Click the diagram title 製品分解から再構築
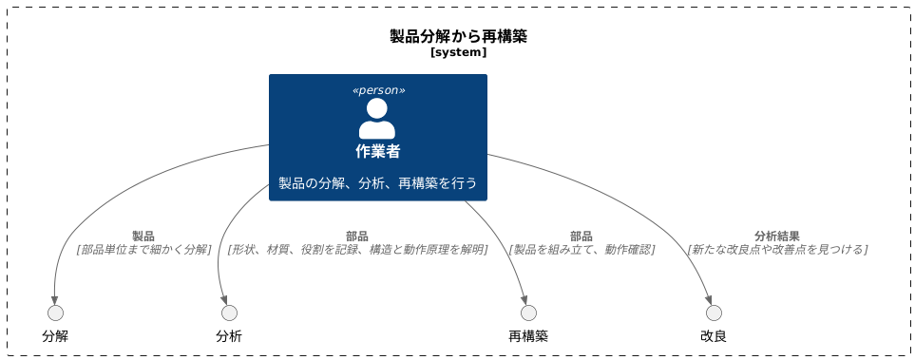point(458,36)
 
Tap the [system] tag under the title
point(458,52)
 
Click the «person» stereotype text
point(378,90)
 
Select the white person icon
point(377,119)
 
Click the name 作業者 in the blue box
point(377,151)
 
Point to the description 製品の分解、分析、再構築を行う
point(377,182)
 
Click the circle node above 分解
point(55,313)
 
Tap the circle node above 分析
point(229,313)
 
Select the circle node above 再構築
point(528,313)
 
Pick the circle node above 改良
point(714,313)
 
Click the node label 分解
point(55,335)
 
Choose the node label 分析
point(229,335)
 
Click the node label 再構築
point(528,335)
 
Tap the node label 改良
point(714,335)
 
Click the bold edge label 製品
point(143,236)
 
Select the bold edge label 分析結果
point(776,236)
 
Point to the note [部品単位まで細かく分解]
point(143,249)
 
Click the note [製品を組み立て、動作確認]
point(581,249)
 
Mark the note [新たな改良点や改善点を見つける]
point(777,249)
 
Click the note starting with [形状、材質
point(357,249)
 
